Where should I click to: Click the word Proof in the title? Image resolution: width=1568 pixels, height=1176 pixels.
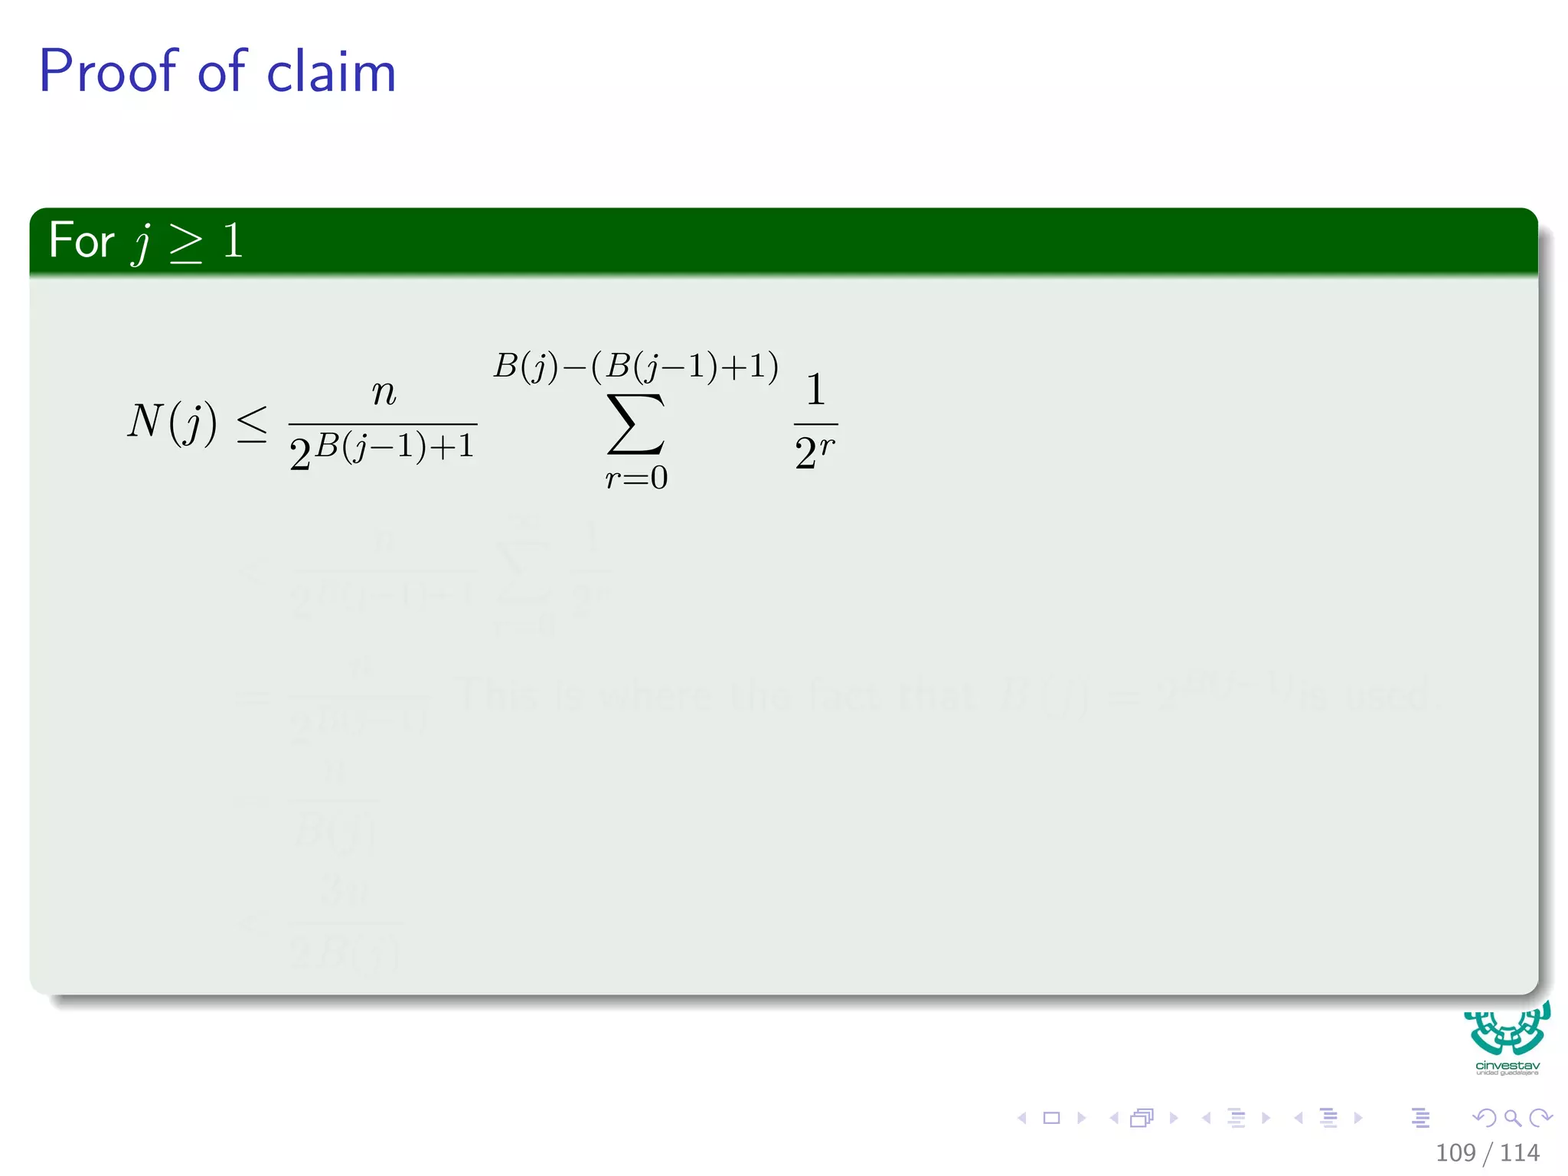point(108,71)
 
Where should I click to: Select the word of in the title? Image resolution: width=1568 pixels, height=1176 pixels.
point(222,71)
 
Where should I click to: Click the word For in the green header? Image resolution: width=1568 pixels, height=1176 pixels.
point(81,240)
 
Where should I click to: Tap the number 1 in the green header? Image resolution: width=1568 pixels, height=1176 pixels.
point(233,240)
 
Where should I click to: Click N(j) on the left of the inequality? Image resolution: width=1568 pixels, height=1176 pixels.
point(172,422)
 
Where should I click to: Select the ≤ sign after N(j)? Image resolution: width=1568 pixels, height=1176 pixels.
point(252,423)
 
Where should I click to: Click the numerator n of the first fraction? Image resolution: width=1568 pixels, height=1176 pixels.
point(384,393)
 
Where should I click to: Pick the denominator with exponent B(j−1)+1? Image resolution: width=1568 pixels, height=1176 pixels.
point(382,452)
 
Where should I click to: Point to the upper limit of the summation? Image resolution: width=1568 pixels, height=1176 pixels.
point(635,366)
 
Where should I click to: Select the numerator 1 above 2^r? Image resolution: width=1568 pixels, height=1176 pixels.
point(815,390)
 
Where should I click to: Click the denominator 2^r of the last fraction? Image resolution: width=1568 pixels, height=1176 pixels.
point(815,452)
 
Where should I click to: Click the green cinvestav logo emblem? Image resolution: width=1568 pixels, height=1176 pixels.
point(1507,1030)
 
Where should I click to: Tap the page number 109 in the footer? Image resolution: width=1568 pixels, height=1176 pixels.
point(1455,1153)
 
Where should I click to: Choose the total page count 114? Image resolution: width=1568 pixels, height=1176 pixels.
point(1520,1153)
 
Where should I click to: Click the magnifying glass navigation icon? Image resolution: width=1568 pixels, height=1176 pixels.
point(1512,1118)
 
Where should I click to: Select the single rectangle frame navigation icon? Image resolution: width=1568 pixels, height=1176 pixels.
point(1052,1118)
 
